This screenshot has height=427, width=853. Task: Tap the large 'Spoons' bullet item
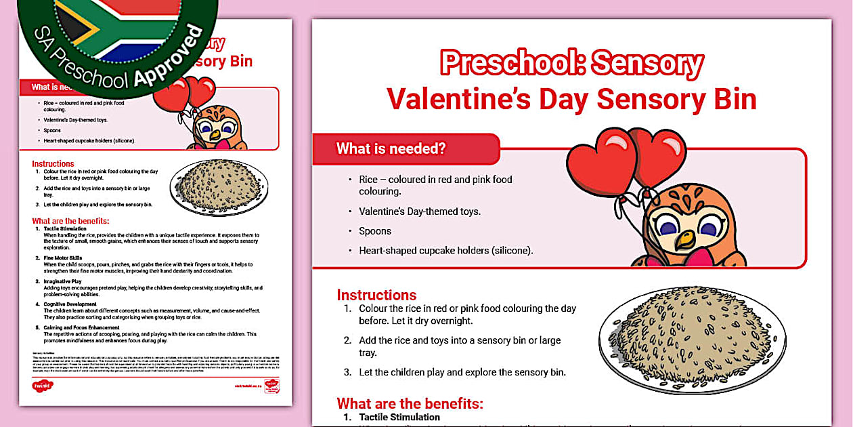[375, 231]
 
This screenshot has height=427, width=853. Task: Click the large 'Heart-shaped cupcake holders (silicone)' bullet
[445, 250]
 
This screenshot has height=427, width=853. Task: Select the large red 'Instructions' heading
[376, 295]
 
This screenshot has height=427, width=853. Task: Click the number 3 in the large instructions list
[347, 372]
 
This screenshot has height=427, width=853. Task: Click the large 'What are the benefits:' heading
[410, 404]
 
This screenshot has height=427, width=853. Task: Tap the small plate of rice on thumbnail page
[219, 187]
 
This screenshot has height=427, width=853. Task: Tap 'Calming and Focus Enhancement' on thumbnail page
[81, 327]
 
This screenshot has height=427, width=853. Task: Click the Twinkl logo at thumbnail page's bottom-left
[42, 386]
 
